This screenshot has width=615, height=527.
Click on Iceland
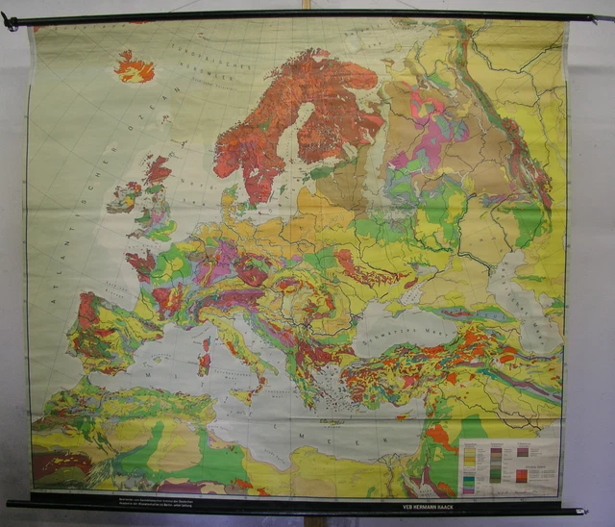pyautogui.click(x=135, y=67)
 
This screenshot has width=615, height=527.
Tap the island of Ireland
pyautogui.click(x=124, y=198)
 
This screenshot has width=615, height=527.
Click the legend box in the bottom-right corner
pyautogui.click(x=508, y=465)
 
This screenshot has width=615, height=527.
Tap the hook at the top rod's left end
pyautogui.click(x=10, y=20)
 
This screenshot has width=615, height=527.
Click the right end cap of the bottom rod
pyautogui.click(x=582, y=511)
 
